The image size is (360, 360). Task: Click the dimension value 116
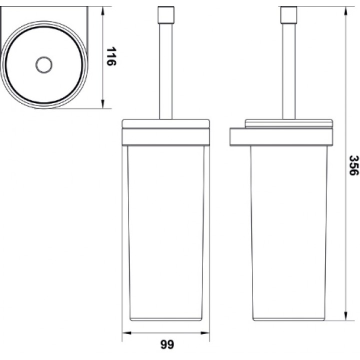tap(111, 56)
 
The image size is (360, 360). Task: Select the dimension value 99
tap(167, 344)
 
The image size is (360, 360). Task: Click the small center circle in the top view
tap(44, 64)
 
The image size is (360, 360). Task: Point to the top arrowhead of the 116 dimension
tap(103, 10)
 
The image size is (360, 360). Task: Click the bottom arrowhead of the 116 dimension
tap(103, 104)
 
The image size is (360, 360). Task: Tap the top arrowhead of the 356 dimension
tap(346, 10)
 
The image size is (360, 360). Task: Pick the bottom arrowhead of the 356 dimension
tap(346, 316)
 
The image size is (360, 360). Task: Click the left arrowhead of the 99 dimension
tap(126, 333)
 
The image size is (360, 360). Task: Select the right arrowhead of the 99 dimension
tap(205, 333)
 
